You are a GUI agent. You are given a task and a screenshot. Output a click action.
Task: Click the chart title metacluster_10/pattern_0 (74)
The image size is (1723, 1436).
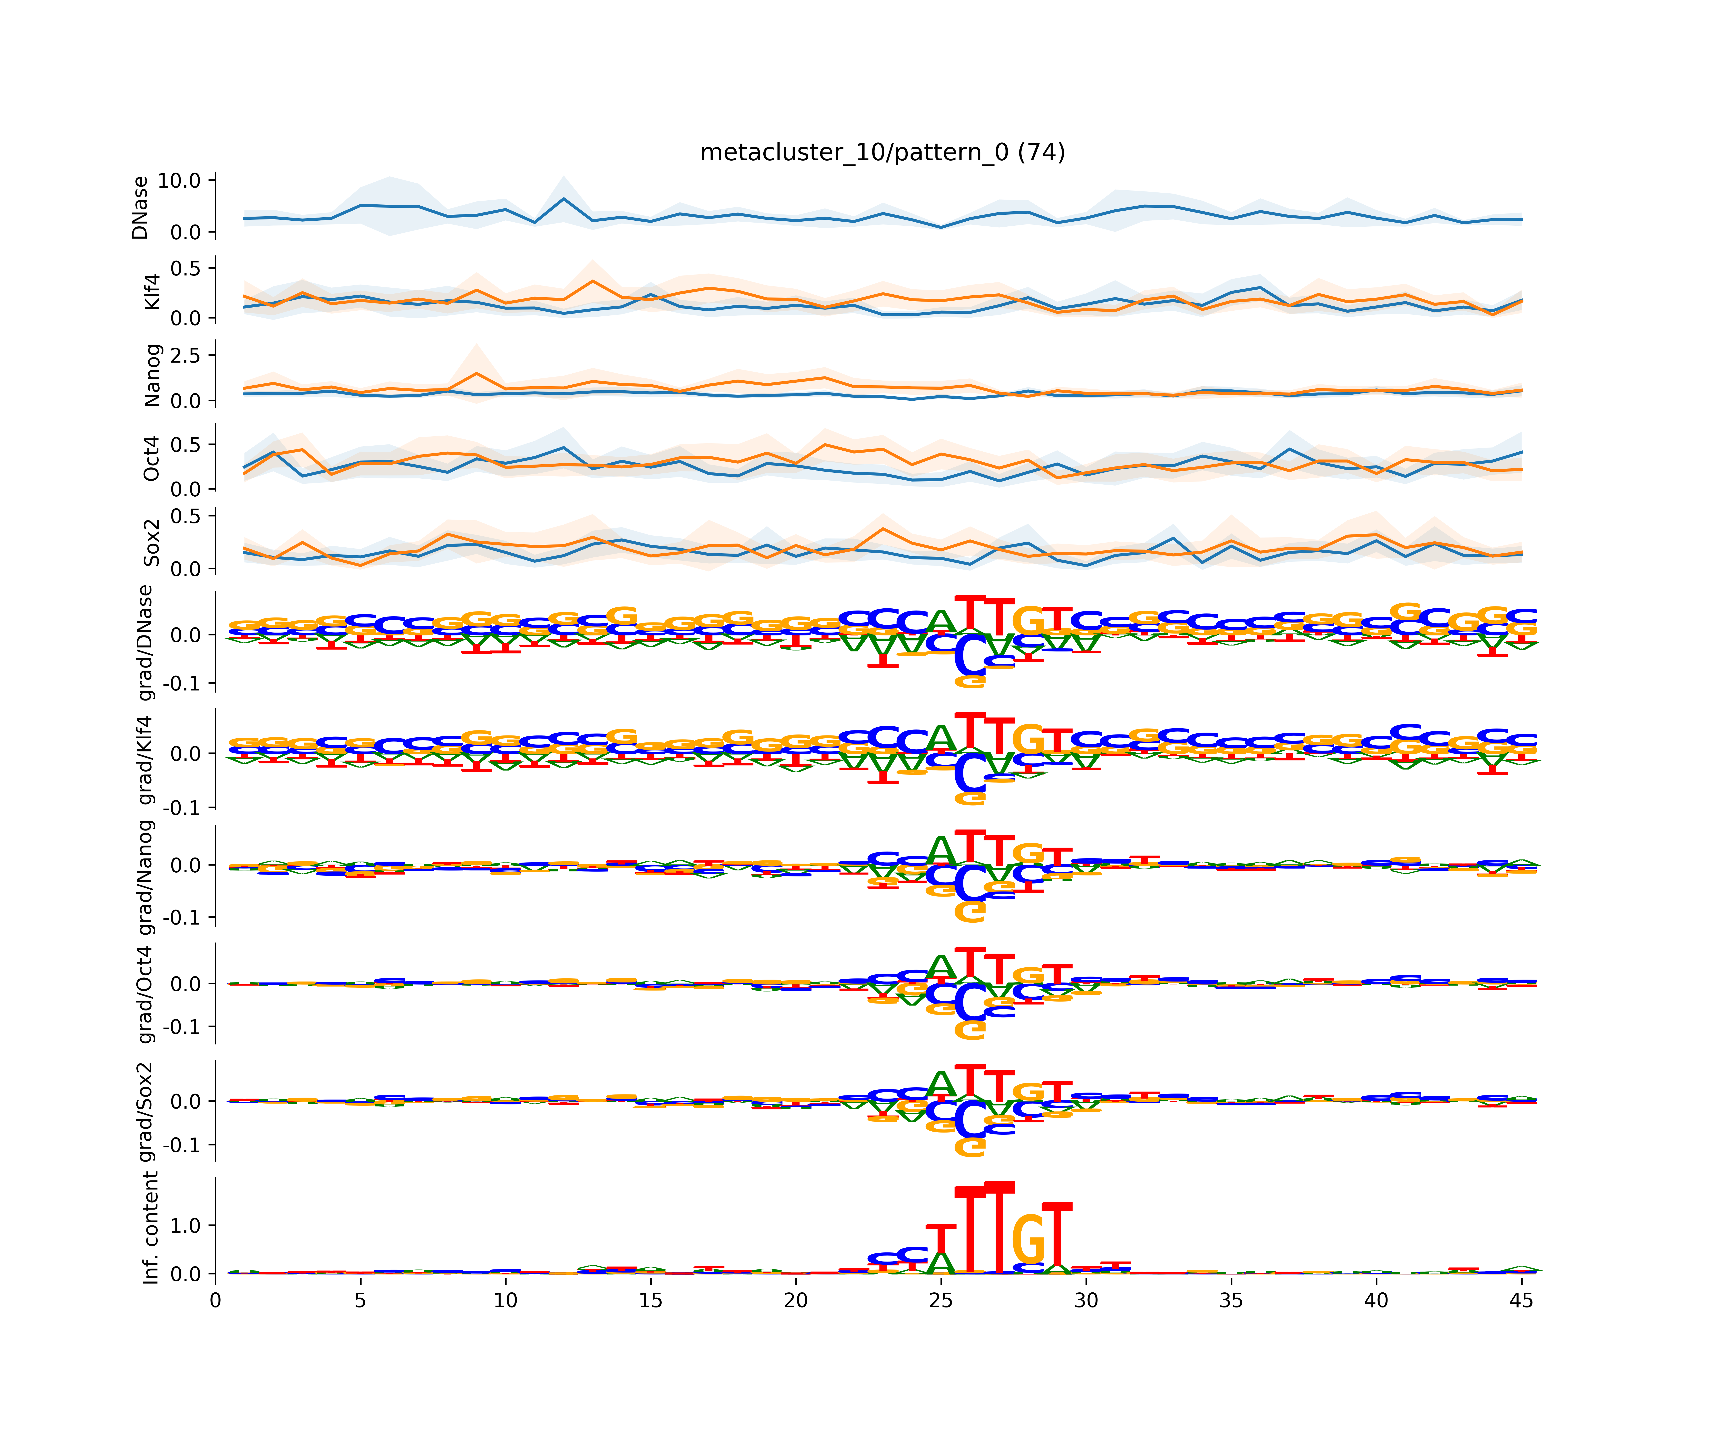[x=882, y=153]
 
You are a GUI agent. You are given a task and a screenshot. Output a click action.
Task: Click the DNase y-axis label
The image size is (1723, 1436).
[x=140, y=208]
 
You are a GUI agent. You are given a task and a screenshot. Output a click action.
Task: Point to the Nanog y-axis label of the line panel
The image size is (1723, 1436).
[x=152, y=375]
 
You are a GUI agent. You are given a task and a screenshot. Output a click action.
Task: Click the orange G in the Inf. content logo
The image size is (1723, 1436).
[x=1028, y=1239]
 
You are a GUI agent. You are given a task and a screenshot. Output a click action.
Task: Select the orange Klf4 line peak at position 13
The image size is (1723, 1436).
[x=592, y=281]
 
